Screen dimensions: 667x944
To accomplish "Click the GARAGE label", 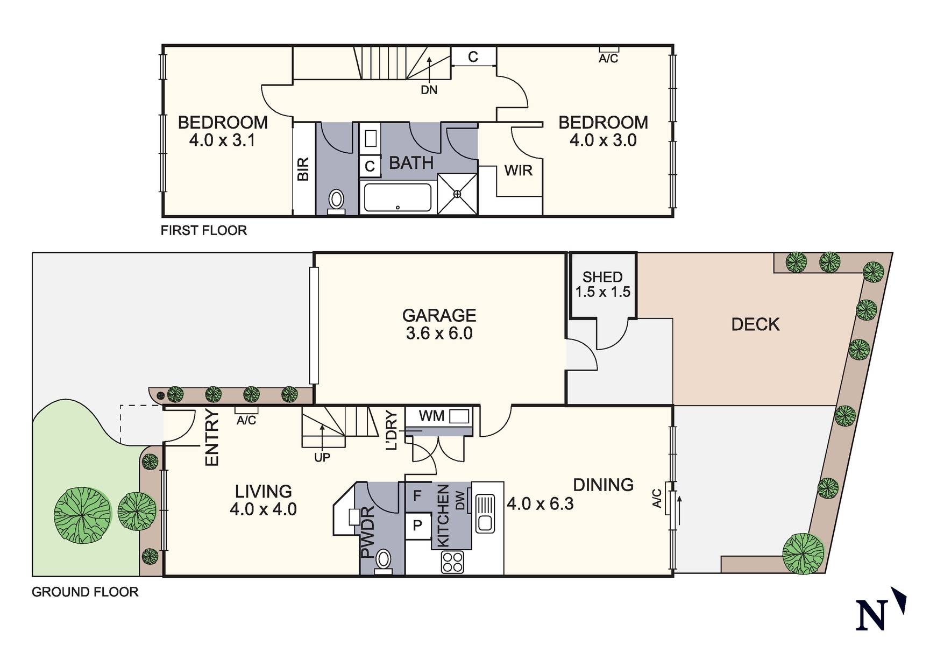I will [439, 315].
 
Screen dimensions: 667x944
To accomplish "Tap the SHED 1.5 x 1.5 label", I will [602, 285].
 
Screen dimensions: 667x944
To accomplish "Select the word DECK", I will [755, 324].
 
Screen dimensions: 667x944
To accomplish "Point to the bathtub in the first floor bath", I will [398, 197].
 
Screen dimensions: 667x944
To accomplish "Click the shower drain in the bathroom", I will [457, 194].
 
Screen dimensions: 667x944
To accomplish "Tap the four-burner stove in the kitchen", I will [452, 562].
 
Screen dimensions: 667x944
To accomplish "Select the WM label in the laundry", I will [431, 416].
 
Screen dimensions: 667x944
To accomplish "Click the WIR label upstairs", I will [518, 171].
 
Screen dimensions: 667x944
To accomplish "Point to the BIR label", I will [303, 169].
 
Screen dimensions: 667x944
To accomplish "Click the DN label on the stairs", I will [429, 90].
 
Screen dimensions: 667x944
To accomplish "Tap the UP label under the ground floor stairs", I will [322, 457].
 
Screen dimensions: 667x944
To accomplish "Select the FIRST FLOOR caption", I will [203, 231].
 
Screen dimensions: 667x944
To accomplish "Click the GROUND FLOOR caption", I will [85, 592].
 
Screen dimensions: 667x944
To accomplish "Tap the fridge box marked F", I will [417, 496].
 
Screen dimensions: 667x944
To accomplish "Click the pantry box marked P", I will [417, 526].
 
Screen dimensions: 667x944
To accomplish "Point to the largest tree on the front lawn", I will [82, 515].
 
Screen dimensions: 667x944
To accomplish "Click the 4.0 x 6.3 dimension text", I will [540, 504].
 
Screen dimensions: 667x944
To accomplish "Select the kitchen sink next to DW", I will [485, 514].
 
